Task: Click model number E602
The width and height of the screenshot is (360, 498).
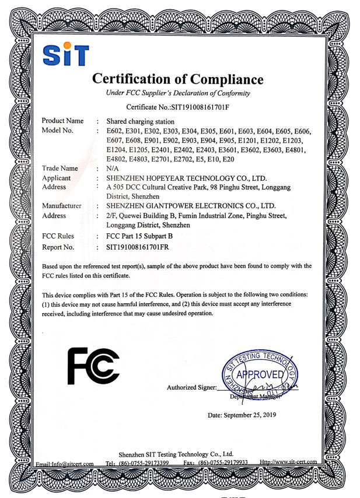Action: (115, 131)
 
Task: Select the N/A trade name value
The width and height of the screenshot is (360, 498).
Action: (113, 169)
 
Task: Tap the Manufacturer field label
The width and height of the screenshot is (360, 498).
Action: (62, 206)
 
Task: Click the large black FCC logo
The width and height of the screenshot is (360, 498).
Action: (94, 366)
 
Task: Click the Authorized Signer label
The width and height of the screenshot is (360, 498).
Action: (191, 387)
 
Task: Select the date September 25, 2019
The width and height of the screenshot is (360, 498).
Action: (242, 415)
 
